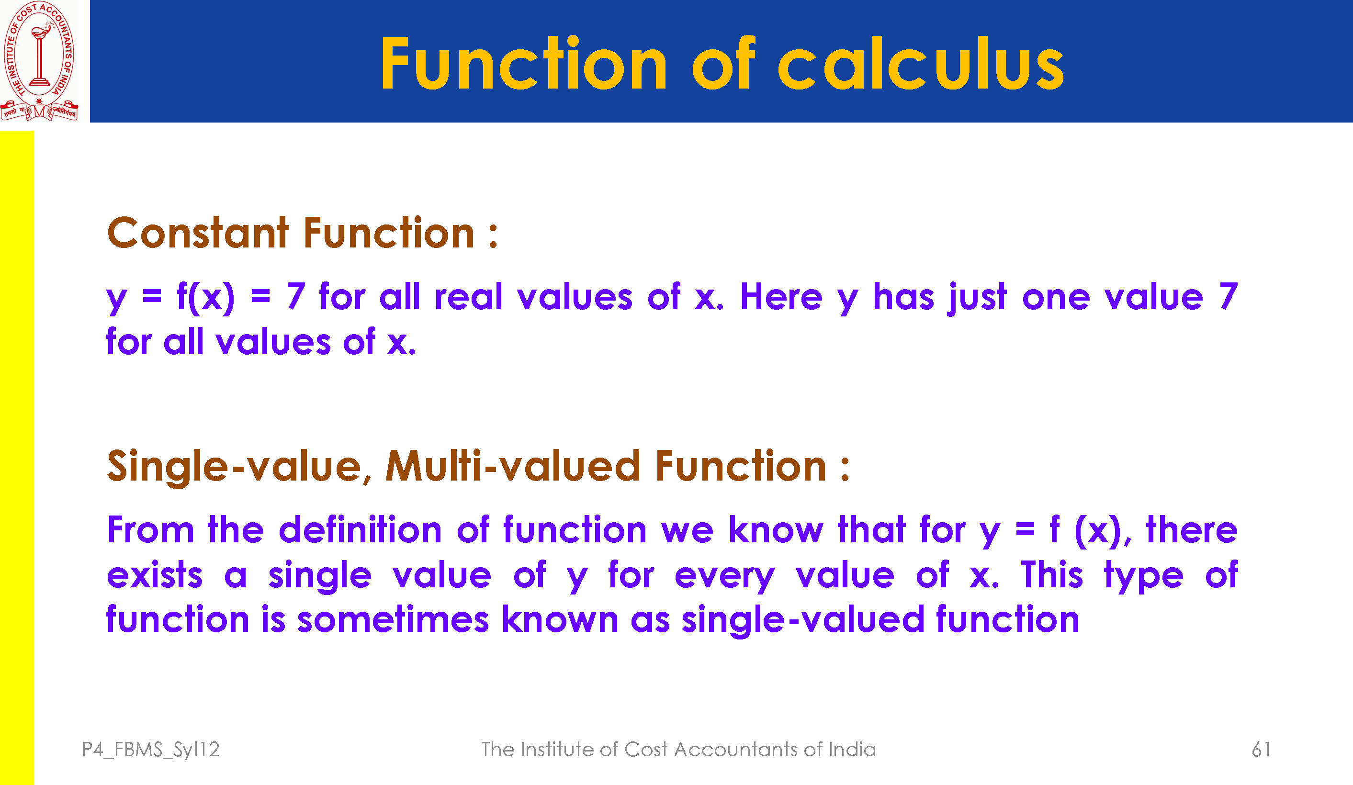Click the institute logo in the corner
(x=39, y=61)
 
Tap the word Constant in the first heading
(x=198, y=233)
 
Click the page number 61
(x=1261, y=750)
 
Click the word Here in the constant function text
(x=781, y=296)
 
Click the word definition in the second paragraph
(x=360, y=530)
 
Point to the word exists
(x=155, y=575)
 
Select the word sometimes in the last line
(x=393, y=619)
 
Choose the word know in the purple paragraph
(x=776, y=530)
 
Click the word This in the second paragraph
(x=1052, y=574)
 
